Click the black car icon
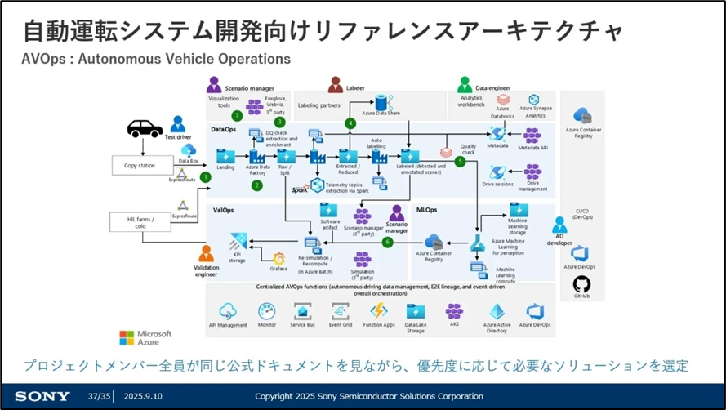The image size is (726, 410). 144,128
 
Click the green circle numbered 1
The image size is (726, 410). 205,176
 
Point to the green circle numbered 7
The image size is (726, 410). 237,115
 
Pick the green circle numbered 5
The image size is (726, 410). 460,162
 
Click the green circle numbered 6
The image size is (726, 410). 387,243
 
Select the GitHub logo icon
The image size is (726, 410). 581,283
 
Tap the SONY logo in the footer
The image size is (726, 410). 42,396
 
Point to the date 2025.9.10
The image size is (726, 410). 145,396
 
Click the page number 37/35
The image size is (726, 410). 98,396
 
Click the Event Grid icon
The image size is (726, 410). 340,311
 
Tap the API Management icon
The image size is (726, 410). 228,311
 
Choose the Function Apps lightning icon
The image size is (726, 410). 378,311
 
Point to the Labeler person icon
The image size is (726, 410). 335,84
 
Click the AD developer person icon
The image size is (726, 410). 559,225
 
